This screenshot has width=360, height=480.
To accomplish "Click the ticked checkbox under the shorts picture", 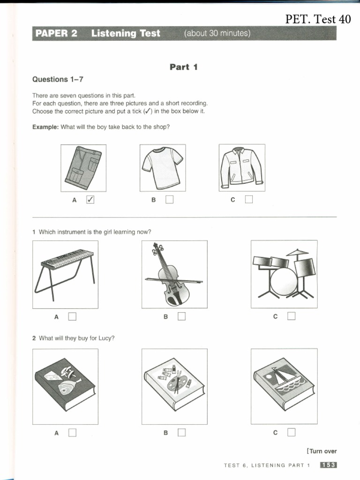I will [x=91, y=200].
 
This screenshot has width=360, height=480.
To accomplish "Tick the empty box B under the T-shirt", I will [x=169, y=200].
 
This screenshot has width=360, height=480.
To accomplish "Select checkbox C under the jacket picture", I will [x=248, y=200].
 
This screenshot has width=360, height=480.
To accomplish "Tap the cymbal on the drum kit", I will [x=297, y=253].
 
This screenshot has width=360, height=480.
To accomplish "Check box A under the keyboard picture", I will [x=72, y=316].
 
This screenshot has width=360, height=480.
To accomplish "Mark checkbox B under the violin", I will [x=181, y=316].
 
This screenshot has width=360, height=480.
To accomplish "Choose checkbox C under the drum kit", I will [x=291, y=316].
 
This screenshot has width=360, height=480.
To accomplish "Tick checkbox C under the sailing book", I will [x=291, y=432].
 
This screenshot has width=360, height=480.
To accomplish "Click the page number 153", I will [x=328, y=465].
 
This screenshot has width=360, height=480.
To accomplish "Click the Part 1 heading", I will [x=184, y=67].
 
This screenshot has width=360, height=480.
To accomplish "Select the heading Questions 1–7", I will [x=58, y=79].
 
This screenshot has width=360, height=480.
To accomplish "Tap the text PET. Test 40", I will [x=318, y=19].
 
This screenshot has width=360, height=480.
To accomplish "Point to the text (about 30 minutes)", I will [x=217, y=33].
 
